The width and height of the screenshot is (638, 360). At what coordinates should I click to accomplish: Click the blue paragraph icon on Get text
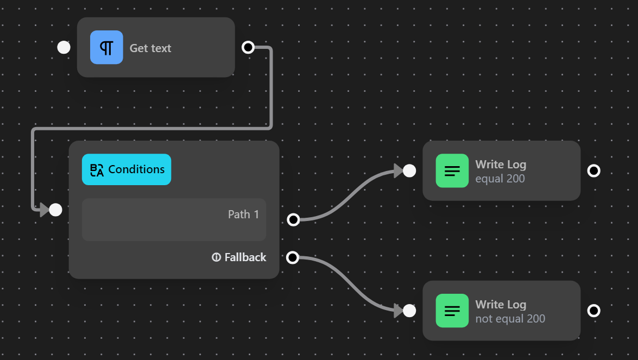(x=106, y=47)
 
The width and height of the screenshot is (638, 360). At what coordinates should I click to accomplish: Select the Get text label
(x=150, y=48)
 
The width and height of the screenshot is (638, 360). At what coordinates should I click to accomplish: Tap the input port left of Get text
(x=64, y=47)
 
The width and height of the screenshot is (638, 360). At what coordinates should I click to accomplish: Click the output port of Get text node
(x=248, y=47)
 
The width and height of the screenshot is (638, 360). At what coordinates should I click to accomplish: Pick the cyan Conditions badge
(x=127, y=169)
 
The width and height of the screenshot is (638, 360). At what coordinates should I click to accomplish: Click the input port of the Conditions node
(x=55, y=210)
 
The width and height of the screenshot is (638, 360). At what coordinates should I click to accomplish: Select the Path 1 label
(x=243, y=214)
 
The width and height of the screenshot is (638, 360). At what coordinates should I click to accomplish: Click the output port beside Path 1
(x=293, y=219)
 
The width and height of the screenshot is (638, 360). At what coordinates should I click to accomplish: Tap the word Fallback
(x=245, y=257)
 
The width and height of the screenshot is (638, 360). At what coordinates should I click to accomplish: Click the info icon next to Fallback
(x=216, y=257)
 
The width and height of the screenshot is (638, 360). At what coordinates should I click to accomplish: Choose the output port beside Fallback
(x=293, y=257)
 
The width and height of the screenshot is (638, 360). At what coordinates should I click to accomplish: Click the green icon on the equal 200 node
(x=452, y=170)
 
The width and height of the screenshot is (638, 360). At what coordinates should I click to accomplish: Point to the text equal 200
(x=500, y=179)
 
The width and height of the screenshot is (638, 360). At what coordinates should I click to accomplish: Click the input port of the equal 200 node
(x=409, y=170)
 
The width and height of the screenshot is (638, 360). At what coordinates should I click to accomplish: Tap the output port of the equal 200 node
(x=594, y=170)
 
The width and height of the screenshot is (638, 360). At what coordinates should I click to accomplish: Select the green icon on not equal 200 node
(x=452, y=311)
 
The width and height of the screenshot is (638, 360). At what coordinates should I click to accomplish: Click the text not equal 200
(x=510, y=319)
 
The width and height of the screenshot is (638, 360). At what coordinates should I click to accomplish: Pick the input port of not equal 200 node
(x=409, y=311)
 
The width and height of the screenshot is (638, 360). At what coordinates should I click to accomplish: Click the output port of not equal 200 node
(x=594, y=311)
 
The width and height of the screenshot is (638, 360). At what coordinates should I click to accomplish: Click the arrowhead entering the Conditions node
(x=44, y=210)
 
